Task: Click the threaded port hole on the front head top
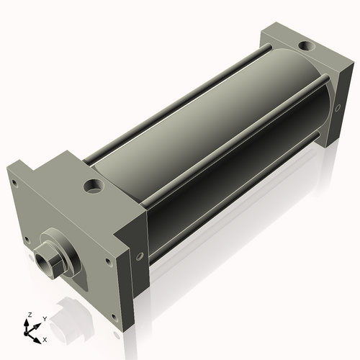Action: coord(94,187)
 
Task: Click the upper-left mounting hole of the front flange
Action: coord(13,183)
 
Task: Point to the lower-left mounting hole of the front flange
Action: coord(27,240)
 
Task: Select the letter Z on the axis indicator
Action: coord(29,315)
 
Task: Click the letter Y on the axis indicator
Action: coord(45,318)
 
